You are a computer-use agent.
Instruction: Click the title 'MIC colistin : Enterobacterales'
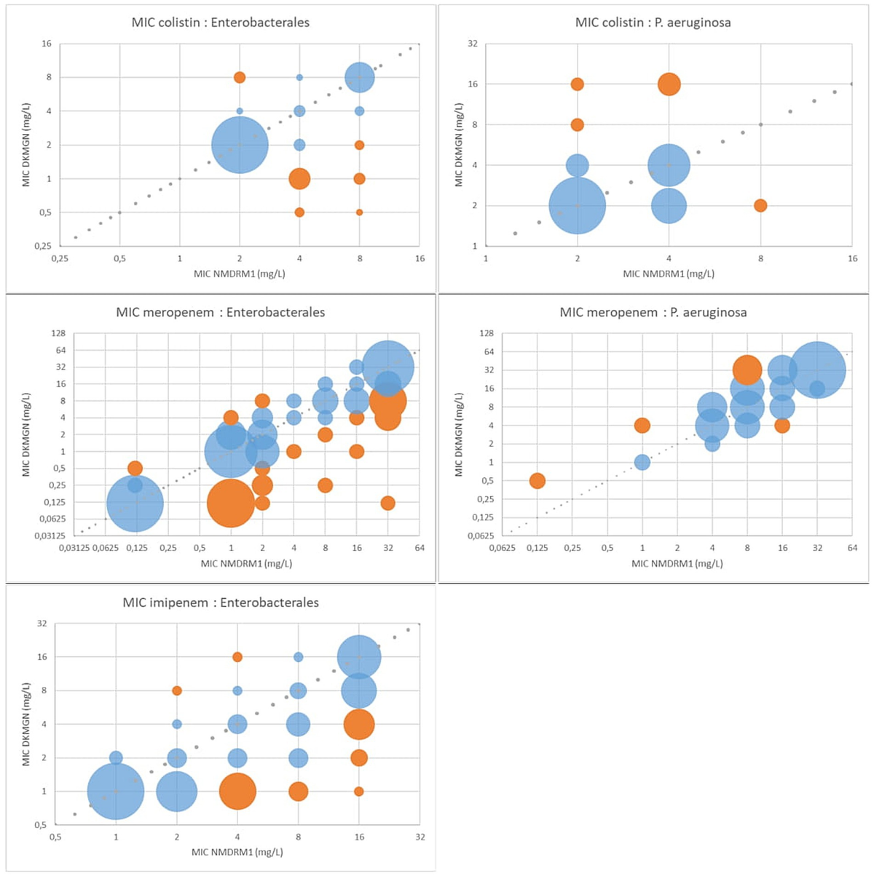[221, 23]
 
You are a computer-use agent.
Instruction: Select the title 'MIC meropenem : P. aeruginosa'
[653, 313]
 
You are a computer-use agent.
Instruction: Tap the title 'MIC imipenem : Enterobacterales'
[221, 602]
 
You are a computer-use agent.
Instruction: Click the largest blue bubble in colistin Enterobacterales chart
[240, 145]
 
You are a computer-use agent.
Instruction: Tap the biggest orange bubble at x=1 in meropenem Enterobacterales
[231, 503]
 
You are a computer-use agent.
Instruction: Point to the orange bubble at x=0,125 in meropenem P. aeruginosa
[537, 480]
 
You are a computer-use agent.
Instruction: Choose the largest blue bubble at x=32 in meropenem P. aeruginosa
[817, 370]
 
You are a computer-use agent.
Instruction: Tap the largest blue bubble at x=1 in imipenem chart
[116, 791]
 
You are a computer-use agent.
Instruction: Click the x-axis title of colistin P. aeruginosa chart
[669, 274]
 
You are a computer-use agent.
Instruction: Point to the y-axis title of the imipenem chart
[26, 724]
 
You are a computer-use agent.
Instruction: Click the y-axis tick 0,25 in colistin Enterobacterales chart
[42, 247]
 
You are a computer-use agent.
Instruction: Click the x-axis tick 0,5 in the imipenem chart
[55, 837]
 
